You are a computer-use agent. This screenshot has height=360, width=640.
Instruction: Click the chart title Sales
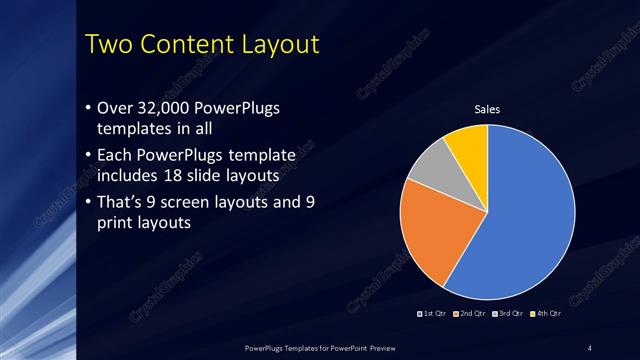tap(487, 110)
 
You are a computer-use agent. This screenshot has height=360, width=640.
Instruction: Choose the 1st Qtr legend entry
tap(433, 315)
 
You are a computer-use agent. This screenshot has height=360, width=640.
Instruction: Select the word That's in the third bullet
tap(122, 203)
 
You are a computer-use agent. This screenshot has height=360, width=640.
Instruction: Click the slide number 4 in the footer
tap(590, 348)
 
